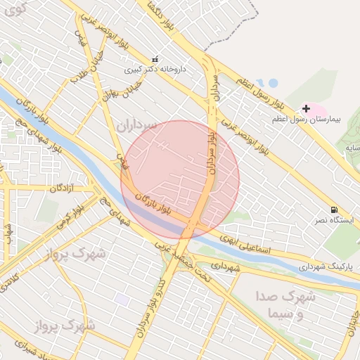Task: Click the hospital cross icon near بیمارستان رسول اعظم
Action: tap(306, 108)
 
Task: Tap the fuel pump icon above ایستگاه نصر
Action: tap(333, 210)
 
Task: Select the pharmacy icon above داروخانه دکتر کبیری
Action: tap(155, 59)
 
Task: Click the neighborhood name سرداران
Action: tap(139, 127)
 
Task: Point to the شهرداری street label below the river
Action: tap(226, 267)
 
